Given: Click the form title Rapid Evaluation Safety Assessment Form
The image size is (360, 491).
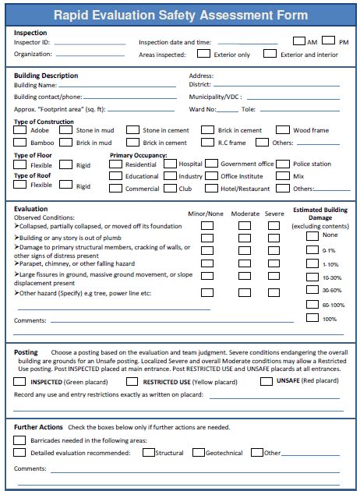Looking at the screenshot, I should [x=180, y=14].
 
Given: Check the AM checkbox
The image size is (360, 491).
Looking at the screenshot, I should [x=299, y=41].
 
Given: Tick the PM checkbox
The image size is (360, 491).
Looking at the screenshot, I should [x=327, y=41].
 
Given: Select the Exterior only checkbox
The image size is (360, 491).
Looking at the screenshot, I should [x=203, y=54].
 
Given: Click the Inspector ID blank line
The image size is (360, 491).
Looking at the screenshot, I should [x=89, y=44].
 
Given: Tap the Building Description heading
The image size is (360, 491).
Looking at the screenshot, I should [x=46, y=76].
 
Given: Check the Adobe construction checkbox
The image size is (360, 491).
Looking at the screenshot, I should [x=19, y=130].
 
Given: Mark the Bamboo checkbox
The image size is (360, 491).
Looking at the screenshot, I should [x=19, y=143].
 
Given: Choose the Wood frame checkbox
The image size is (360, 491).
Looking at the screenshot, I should [x=282, y=130].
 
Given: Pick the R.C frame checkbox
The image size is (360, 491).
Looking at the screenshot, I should [x=207, y=143].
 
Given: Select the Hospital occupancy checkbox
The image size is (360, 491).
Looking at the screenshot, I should [x=168, y=164].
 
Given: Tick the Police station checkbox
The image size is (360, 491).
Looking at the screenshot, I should [x=282, y=164].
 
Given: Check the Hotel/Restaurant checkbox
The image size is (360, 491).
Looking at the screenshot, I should [x=210, y=189].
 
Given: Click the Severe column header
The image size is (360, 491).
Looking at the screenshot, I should [x=274, y=214].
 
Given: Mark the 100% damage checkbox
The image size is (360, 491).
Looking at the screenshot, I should [x=312, y=318].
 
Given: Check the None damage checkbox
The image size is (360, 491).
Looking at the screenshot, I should [x=312, y=235].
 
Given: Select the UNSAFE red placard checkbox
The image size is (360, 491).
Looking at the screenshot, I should [x=266, y=381].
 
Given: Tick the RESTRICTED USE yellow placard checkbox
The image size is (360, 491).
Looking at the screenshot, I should [x=131, y=382].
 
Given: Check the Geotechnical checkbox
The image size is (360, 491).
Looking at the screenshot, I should [x=198, y=452].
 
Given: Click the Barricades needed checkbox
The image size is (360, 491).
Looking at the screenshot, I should [x=19, y=440].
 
